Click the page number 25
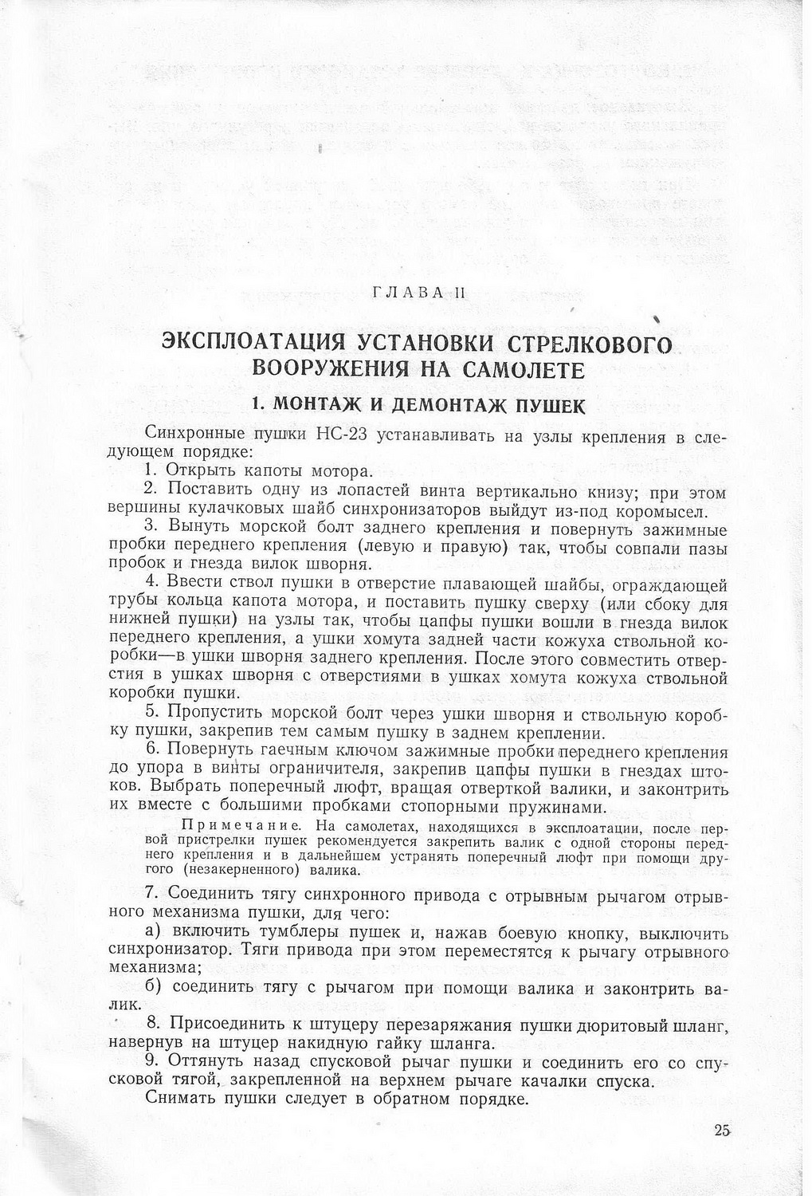pos(723,1130)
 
